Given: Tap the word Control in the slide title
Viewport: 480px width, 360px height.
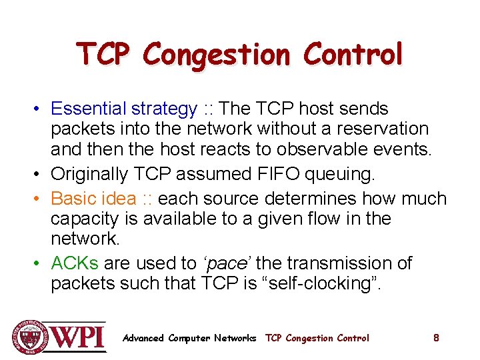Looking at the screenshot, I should (x=353, y=53).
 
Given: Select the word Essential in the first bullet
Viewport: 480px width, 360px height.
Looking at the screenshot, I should (x=90, y=108).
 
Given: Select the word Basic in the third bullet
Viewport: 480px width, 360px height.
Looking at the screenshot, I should (x=72, y=198).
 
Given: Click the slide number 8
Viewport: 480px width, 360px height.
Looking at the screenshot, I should (x=436, y=338).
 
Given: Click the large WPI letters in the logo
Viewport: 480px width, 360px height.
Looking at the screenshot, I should (x=77, y=337).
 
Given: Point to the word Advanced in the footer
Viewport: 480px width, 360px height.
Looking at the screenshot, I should (x=143, y=338).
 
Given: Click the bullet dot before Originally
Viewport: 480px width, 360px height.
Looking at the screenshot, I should (x=40, y=174).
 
